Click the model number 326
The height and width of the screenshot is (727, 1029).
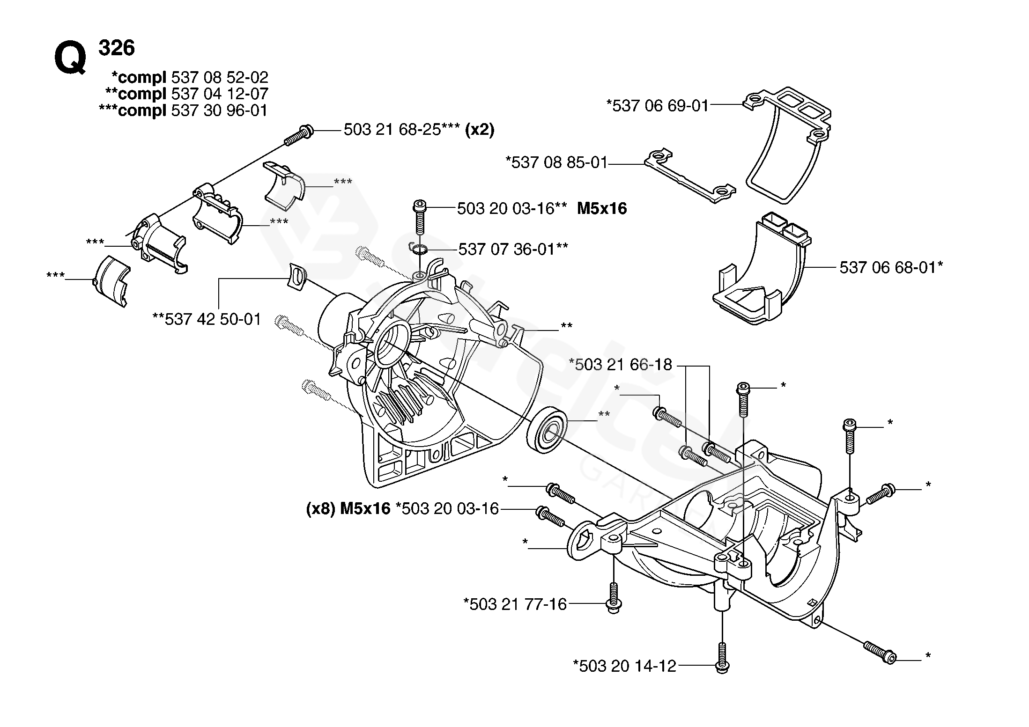click(117, 48)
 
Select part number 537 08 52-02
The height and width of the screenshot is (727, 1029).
click(220, 77)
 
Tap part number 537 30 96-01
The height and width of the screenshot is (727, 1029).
click(220, 110)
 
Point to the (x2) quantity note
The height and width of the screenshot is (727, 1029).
click(480, 130)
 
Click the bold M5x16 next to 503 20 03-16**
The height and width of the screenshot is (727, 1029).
click(602, 208)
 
